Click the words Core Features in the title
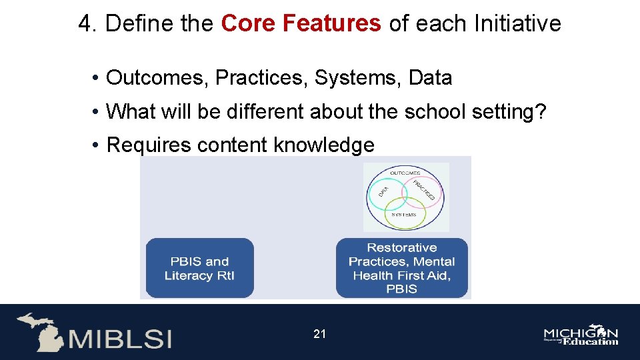click(301, 24)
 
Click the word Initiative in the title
click(517, 24)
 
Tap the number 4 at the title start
click(85, 24)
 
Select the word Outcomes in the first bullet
click(157, 78)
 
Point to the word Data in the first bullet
click(430, 78)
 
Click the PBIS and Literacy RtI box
click(199, 268)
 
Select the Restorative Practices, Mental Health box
click(402, 268)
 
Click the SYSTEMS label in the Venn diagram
click(404, 215)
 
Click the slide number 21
click(320, 333)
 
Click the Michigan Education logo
click(581, 336)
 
